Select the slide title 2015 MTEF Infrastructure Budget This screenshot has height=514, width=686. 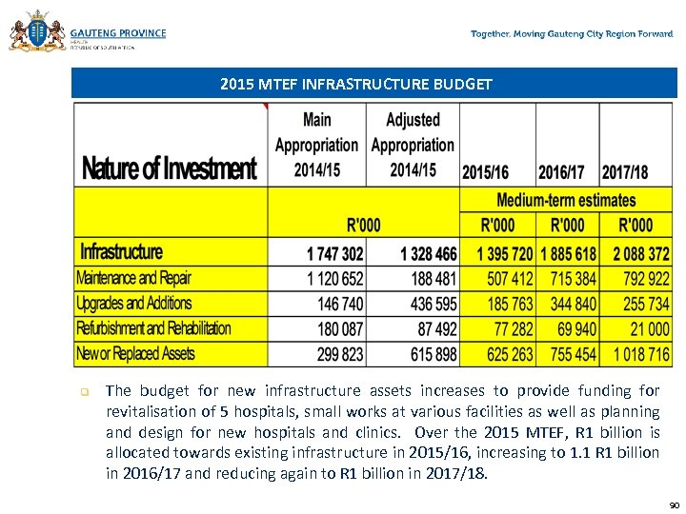(355, 85)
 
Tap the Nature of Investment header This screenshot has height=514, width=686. (170, 169)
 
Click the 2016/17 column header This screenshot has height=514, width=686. (561, 172)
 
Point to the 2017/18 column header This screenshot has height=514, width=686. (625, 172)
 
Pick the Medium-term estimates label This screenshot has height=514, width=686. (566, 200)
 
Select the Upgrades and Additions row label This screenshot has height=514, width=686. (134, 304)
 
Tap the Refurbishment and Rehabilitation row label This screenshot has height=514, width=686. (153, 328)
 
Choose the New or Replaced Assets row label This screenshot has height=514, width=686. (135, 354)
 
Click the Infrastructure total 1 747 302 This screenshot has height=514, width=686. (334, 254)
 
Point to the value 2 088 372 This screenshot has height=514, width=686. (641, 254)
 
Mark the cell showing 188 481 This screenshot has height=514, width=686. (431, 279)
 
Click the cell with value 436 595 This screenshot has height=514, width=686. (431, 304)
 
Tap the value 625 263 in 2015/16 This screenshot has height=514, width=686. (509, 354)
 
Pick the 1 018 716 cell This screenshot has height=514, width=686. (641, 354)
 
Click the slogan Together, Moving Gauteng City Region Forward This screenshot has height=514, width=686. (572, 34)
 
